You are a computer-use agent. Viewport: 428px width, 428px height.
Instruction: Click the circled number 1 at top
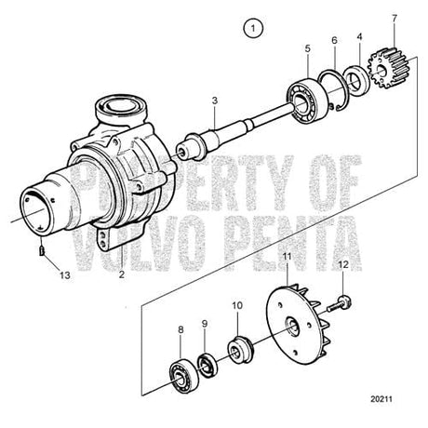249,30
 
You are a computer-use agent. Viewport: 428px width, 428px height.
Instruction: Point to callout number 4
360,38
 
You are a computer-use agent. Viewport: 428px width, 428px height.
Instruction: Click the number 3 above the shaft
214,100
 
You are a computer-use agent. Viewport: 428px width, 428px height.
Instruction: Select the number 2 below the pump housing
121,275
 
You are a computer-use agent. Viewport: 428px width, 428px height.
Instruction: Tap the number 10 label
237,304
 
